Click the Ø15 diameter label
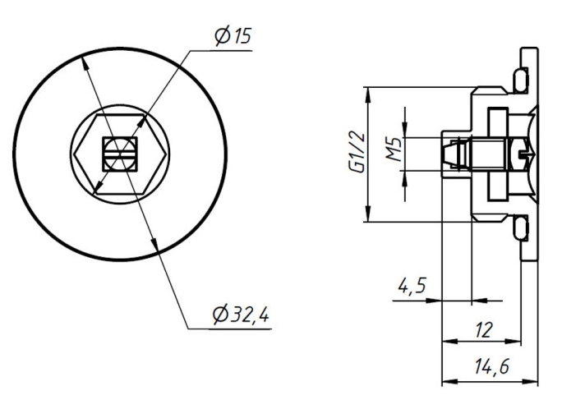(x=232, y=37)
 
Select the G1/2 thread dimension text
(x=354, y=154)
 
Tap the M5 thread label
(x=395, y=149)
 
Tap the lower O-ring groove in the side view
(x=520, y=228)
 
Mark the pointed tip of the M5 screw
(x=445, y=154)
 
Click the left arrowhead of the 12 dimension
(x=446, y=340)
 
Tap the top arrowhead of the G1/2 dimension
(x=369, y=90)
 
